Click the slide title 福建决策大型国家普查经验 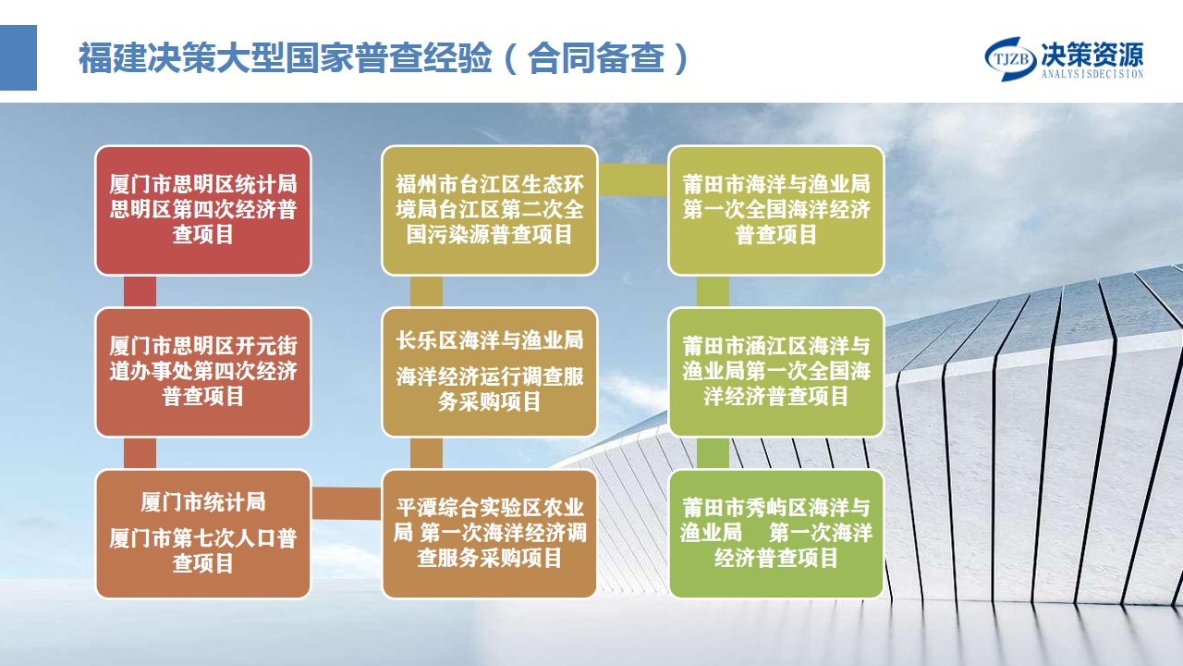click(x=286, y=57)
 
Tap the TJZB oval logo click(x=1011, y=58)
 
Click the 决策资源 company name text click(x=1092, y=55)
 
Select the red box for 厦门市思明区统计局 click(x=203, y=210)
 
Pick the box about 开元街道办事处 click(x=203, y=372)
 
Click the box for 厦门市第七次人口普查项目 click(x=203, y=534)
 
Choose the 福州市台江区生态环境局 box click(x=490, y=210)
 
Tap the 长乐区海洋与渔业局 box click(x=490, y=372)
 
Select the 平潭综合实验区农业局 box click(x=490, y=534)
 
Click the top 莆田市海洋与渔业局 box click(x=776, y=210)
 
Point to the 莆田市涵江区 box click(x=776, y=372)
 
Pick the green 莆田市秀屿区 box click(x=776, y=534)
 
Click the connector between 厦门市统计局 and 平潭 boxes click(x=347, y=503)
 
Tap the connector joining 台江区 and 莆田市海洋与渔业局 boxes click(x=633, y=179)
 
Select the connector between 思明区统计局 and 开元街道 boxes click(x=140, y=291)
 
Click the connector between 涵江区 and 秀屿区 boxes click(x=713, y=453)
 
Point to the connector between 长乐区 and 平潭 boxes click(x=426, y=453)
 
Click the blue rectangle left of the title click(x=18, y=57)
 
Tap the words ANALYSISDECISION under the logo click(x=1092, y=75)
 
